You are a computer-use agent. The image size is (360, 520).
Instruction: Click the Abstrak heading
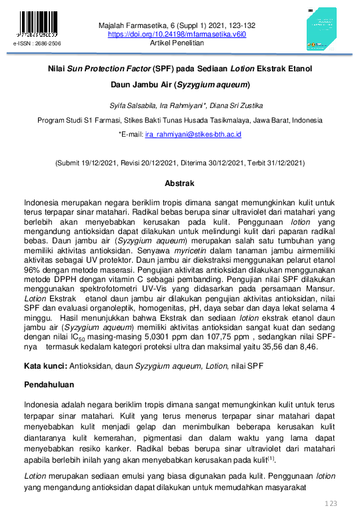click(x=179, y=182)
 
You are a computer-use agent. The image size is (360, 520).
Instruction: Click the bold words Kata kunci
click(x=44, y=366)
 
